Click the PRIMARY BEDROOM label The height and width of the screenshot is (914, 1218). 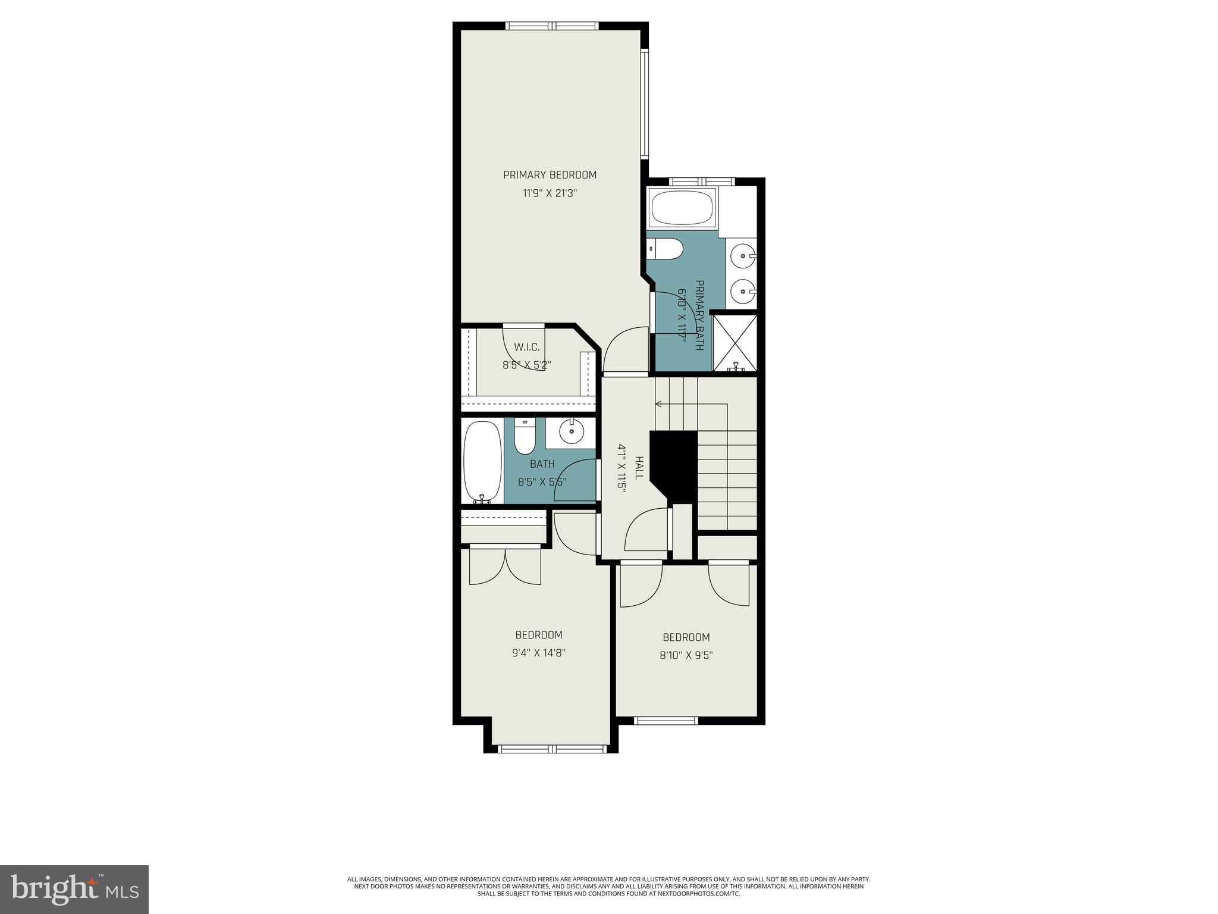pos(550,175)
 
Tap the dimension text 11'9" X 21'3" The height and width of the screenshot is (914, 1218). pos(550,193)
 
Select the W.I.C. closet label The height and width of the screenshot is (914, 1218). pos(526,347)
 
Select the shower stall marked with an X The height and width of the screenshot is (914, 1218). pos(735,343)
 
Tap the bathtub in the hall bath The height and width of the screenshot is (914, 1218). pos(482,461)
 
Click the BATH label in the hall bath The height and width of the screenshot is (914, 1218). pos(542,464)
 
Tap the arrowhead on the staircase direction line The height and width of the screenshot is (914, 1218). pos(658,404)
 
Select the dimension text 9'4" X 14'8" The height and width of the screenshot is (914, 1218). pos(538,653)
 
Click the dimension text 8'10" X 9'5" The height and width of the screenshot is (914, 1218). pos(686,655)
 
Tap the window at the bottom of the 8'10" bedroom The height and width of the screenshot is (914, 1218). pos(665,721)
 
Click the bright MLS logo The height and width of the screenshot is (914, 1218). pos(74,890)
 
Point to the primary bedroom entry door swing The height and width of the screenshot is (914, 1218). pos(624,351)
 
